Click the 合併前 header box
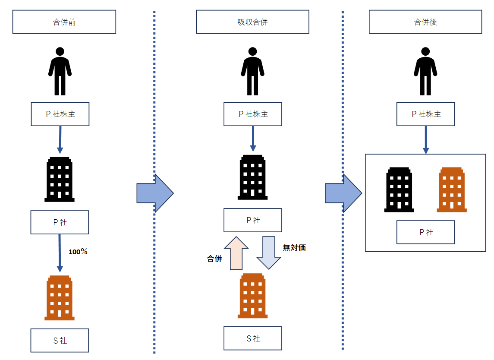pos(64,22)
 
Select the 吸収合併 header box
pos(252,22)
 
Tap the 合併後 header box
pos(425,22)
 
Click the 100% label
pos(78,252)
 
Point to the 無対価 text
pos(294,248)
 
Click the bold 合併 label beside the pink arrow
pos(214,259)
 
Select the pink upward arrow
pos(236,253)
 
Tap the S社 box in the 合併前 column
pos(60,341)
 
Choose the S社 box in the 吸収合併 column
pos(252,338)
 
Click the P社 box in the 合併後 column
pos(425,232)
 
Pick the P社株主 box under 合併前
pos(60,114)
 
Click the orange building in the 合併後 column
pos(452,190)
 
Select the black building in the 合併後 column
pos(399,190)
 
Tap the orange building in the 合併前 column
pos(60,298)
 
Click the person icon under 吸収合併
pos(252,71)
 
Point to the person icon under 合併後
pos(425,71)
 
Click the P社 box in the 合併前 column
pos(60,223)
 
